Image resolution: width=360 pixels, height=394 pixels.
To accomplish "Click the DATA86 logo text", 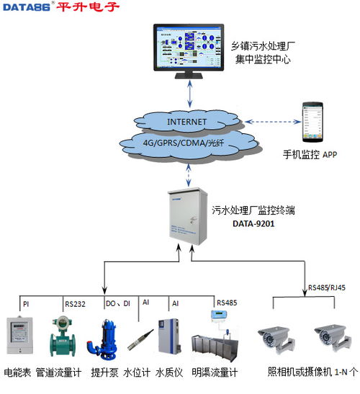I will (x=27, y=8).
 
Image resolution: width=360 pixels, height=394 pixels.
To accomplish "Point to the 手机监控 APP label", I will (x=310, y=154).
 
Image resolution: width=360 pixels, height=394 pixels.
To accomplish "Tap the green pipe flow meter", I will (x=63, y=337).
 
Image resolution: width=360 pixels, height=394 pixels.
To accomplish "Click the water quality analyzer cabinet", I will (x=170, y=335).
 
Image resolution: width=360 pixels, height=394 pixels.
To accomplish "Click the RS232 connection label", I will (x=75, y=304).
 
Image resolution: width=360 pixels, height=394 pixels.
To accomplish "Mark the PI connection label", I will (x=26, y=304).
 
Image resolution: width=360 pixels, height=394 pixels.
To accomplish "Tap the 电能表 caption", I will (x=17, y=373).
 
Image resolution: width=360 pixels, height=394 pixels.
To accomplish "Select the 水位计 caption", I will (x=137, y=373).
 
